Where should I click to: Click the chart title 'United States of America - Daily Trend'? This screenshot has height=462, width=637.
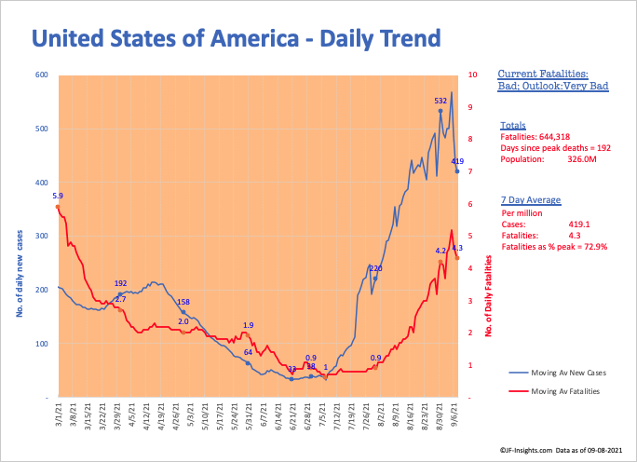point(236,39)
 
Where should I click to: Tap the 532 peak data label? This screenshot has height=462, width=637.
point(440,101)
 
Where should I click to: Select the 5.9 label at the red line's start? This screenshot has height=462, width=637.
point(58,196)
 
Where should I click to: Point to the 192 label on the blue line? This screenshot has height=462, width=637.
point(120,283)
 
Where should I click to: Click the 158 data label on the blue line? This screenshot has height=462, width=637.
point(183,303)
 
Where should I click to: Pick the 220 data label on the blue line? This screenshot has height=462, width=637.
point(375,268)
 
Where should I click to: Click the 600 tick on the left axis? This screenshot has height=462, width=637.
point(42,75)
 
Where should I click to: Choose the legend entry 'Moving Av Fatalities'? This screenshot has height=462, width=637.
point(564,391)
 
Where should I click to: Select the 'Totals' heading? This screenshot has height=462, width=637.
point(512,126)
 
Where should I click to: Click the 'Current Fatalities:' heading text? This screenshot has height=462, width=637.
point(542,74)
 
